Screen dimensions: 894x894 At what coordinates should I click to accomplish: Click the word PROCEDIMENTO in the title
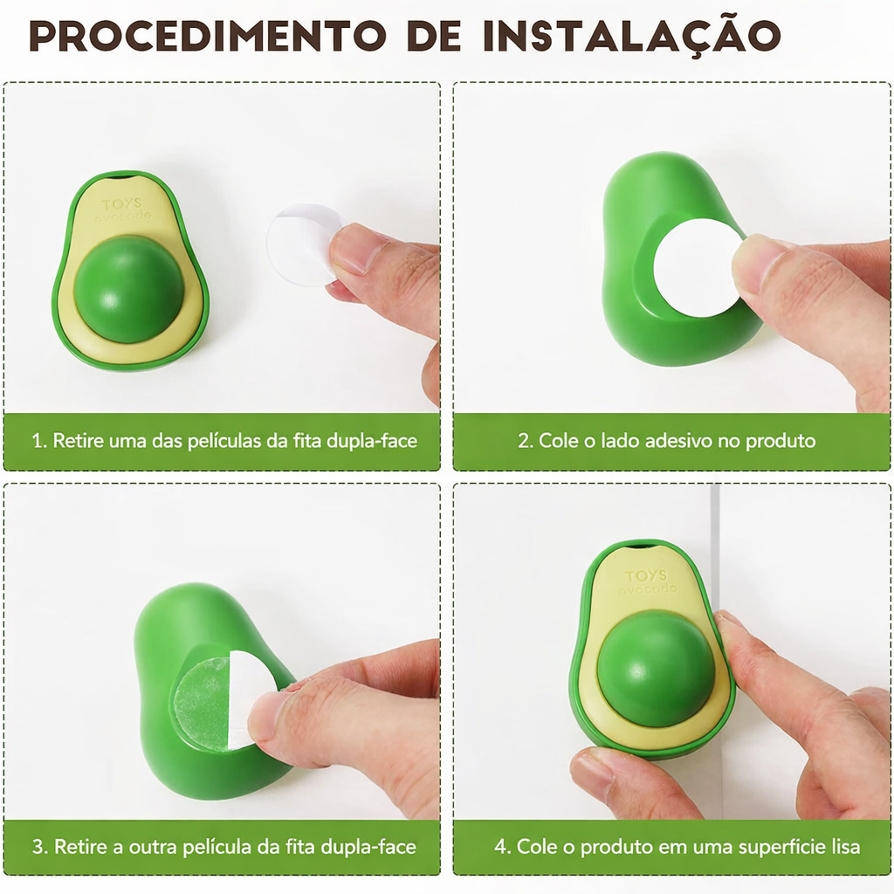(208, 36)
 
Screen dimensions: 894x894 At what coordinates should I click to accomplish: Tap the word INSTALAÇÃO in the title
(631, 37)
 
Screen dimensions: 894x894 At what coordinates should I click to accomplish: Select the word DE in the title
(435, 36)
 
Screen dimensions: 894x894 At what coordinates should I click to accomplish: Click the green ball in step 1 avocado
(129, 290)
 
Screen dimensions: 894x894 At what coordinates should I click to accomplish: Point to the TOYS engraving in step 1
(121, 204)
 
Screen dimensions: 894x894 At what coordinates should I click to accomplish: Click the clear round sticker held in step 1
(305, 244)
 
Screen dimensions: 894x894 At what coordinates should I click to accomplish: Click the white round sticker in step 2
(697, 268)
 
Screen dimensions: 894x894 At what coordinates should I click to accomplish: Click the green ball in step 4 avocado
(657, 668)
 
